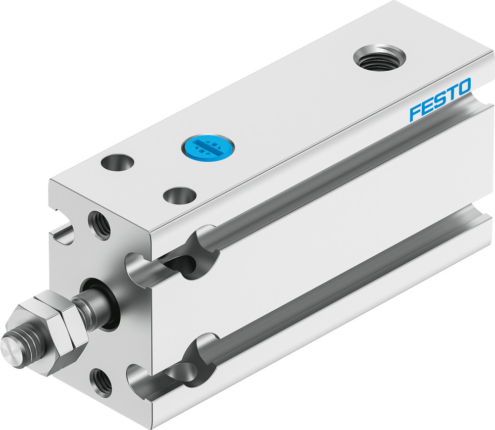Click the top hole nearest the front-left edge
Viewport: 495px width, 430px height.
tap(117, 162)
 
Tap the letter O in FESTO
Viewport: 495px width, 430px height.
tap(463, 89)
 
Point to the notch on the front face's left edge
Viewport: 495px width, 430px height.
tap(62, 233)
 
